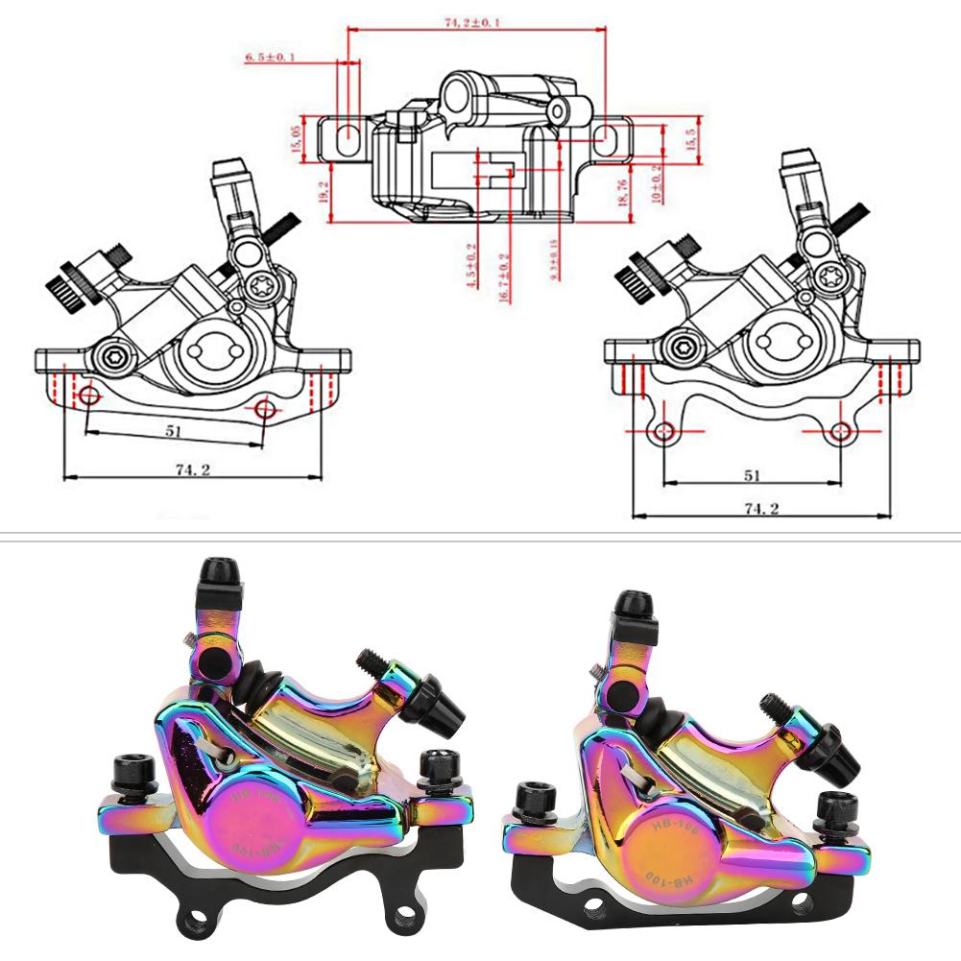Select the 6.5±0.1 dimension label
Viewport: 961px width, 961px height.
point(270,59)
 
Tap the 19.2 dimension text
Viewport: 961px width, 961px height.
point(324,191)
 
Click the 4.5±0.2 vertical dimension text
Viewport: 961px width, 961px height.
point(470,265)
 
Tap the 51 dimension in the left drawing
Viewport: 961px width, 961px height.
point(173,430)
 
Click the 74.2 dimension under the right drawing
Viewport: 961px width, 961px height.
point(761,507)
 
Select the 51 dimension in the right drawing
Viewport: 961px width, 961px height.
point(752,474)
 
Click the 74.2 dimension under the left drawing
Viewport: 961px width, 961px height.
point(192,468)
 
